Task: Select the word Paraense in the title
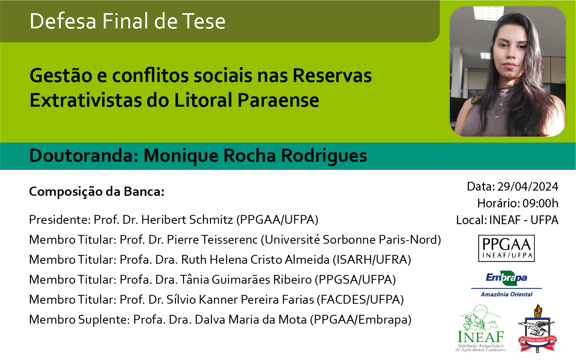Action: coord(278,100)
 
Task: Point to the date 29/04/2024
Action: coord(528,187)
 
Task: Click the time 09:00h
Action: coord(540,203)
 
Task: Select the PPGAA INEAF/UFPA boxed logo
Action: coord(506,248)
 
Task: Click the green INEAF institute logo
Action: coord(480,328)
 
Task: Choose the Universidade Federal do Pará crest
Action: coord(537,328)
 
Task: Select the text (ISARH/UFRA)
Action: coord(372,260)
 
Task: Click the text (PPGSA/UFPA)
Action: coord(355,280)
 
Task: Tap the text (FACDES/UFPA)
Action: coord(360,300)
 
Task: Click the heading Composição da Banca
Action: coord(97,192)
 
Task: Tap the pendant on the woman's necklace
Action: coord(496,117)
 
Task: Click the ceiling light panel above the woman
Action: coord(488,13)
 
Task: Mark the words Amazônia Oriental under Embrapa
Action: coord(506,294)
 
